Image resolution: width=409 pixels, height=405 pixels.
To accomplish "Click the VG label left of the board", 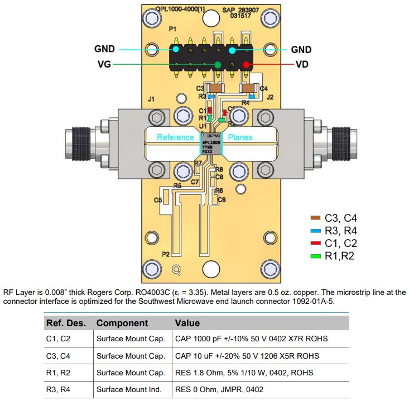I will (104, 65).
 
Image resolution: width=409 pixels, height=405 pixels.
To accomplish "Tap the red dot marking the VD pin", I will (246, 65).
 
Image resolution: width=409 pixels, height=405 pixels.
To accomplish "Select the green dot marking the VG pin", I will (218, 65).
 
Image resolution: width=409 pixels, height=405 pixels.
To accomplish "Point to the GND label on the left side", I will (104, 49).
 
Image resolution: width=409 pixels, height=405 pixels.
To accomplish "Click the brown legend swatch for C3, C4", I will (315, 218).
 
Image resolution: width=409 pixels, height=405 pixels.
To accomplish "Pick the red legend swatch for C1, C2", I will (315, 244).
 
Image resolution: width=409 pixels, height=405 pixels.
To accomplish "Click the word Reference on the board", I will (175, 137).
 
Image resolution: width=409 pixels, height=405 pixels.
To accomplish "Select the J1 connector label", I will (151, 99).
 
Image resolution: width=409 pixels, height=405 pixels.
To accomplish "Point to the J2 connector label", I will (270, 97).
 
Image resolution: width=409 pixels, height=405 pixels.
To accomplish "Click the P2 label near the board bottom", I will (166, 254).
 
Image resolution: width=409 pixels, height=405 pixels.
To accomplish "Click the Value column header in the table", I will (187, 323).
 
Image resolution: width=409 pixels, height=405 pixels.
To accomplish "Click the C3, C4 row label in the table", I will (58, 356).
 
